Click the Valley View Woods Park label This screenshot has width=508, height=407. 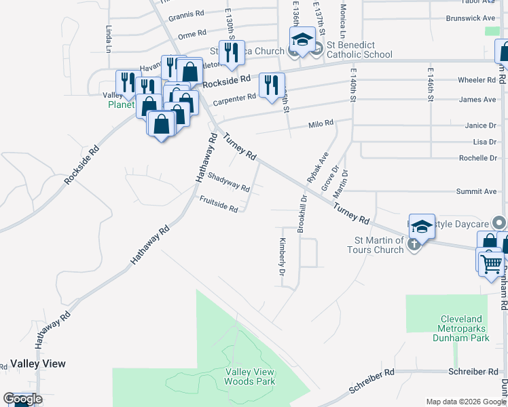click(x=250, y=376)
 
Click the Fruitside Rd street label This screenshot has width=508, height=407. click(x=219, y=203)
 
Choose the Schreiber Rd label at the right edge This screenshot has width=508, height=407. click(x=473, y=372)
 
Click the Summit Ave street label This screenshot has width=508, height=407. click(x=476, y=192)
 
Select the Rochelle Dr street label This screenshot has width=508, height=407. click(x=478, y=158)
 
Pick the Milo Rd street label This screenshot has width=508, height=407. click(x=321, y=124)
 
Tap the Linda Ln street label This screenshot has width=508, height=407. click(x=109, y=39)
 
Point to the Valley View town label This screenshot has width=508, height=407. click(x=38, y=364)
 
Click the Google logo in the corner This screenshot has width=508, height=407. click(x=22, y=399)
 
